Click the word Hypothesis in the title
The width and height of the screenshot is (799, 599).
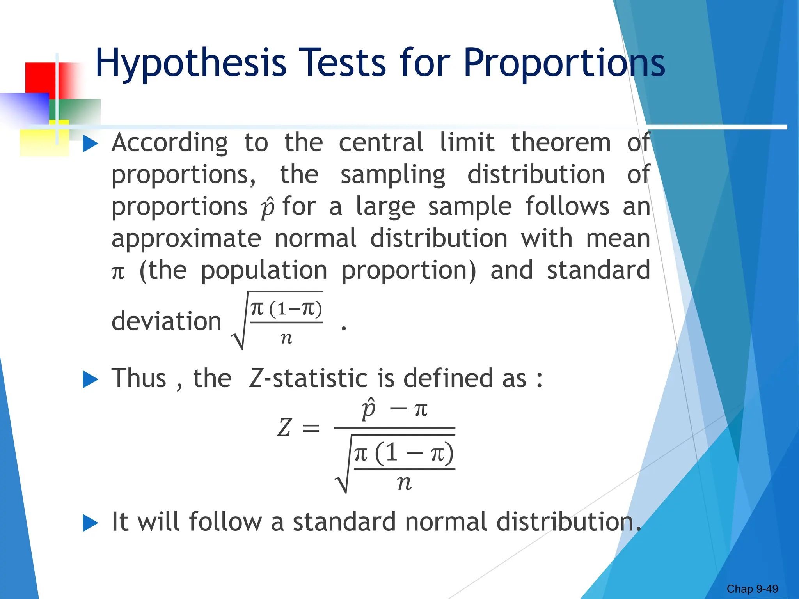(191, 63)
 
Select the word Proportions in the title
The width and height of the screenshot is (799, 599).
(564, 63)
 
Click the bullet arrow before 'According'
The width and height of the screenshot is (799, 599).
(91, 144)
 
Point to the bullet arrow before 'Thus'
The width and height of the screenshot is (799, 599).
(91, 379)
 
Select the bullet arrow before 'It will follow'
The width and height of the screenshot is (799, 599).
(91, 523)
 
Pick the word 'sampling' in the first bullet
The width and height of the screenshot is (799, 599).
(393, 175)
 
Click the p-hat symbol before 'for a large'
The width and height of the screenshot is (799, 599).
(268, 207)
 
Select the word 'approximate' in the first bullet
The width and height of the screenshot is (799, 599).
(186, 239)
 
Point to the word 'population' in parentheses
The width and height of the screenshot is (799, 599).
(264, 271)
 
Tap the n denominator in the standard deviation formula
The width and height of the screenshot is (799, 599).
(286, 338)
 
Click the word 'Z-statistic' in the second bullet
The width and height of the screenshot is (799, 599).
(308, 378)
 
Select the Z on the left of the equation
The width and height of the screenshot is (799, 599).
(284, 427)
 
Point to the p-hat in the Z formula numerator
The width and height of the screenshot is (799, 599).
(368, 409)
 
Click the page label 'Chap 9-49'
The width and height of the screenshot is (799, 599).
(752, 589)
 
